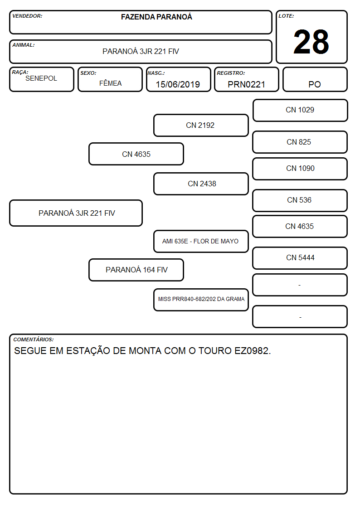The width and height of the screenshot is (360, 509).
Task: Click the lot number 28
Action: point(311,42)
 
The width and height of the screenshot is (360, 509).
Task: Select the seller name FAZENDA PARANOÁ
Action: point(156,17)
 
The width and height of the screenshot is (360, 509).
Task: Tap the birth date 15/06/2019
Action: point(178,84)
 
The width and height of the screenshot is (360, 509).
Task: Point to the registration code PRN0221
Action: point(246,84)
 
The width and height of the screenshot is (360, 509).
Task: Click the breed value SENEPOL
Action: point(41,78)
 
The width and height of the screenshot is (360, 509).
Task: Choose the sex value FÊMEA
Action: point(110,83)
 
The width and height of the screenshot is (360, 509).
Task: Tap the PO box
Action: point(315,79)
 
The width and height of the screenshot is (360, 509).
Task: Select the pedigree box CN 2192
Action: point(201,125)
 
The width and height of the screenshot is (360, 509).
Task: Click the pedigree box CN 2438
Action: point(201,184)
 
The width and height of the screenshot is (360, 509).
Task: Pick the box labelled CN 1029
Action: point(300,111)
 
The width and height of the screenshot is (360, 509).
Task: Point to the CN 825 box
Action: point(300,142)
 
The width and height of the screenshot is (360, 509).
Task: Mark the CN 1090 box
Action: point(300,169)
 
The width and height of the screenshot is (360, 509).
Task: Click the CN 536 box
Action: point(300,200)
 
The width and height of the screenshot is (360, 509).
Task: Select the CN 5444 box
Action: point(300,258)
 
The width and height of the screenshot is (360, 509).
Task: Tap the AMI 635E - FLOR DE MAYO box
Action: point(201,241)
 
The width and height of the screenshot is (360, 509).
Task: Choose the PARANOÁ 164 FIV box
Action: point(136,270)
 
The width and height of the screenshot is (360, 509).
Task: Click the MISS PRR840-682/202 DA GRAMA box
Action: point(201,300)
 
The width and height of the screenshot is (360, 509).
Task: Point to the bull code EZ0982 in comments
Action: point(251,350)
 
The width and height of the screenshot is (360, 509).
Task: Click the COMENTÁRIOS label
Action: point(34,339)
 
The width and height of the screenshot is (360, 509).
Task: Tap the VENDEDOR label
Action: point(27,16)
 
